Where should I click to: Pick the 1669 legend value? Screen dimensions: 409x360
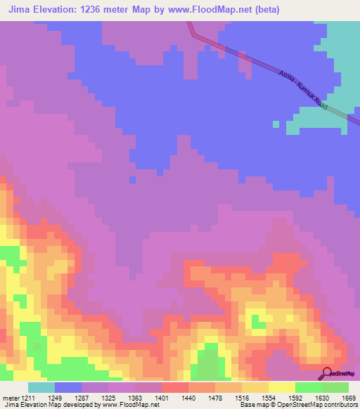coord(349,398)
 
